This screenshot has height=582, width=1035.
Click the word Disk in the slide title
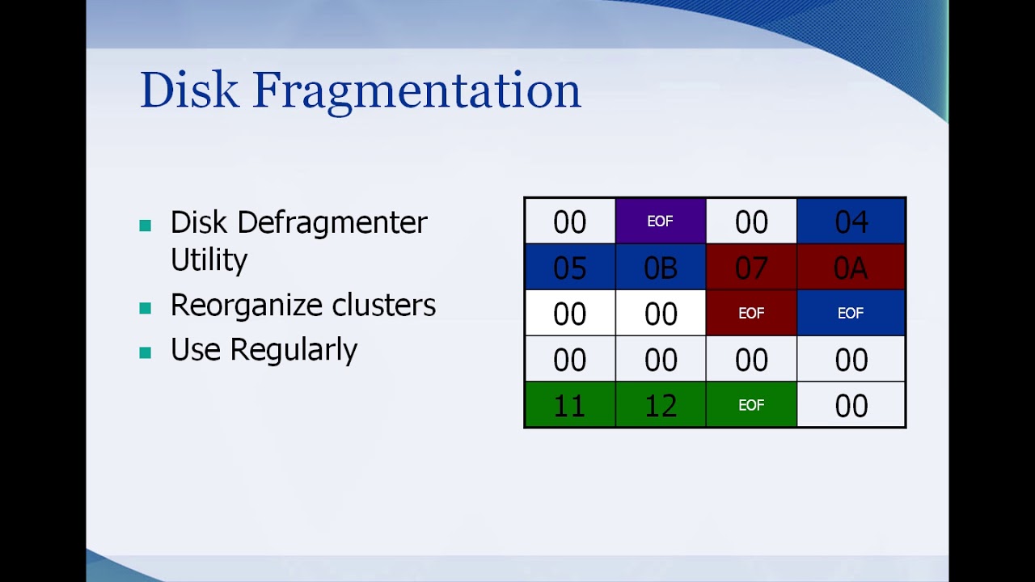tap(189, 90)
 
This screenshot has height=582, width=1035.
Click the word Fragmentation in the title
tap(416, 91)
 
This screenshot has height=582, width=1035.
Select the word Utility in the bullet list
tap(209, 260)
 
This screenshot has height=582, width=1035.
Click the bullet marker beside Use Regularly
tap(146, 352)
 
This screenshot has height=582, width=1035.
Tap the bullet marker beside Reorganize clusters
tap(146, 308)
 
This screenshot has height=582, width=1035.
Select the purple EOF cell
tap(660, 221)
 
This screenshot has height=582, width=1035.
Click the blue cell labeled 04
tap(851, 221)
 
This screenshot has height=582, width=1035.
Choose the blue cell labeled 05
tap(569, 268)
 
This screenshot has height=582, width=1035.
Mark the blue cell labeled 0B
tap(660, 268)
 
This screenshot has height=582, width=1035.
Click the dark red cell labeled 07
tap(751, 268)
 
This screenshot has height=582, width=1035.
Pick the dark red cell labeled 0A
tap(851, 268)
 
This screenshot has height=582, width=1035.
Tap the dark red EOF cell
tap(751, 313)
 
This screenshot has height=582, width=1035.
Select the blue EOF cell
tap(851, 313)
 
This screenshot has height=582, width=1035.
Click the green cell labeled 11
tap(569, 405)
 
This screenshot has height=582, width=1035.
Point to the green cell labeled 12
tap(660, 405)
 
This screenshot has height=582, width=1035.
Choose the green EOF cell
tap(751, 405)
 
